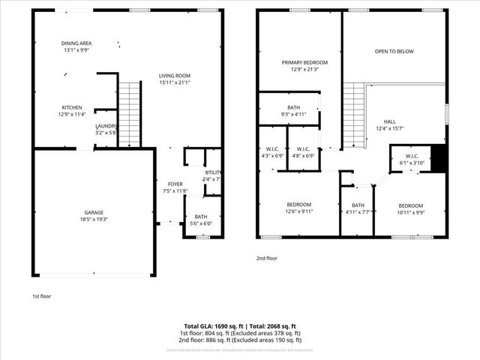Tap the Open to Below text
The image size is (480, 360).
click(394, 52)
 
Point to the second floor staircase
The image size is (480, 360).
click(353, 115)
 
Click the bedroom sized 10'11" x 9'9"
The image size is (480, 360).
click(410, 208)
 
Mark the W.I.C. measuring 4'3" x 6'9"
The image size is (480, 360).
click(271, 153)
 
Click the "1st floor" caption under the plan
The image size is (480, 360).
click(42, 296)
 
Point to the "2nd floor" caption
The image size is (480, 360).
click(266, 258)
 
